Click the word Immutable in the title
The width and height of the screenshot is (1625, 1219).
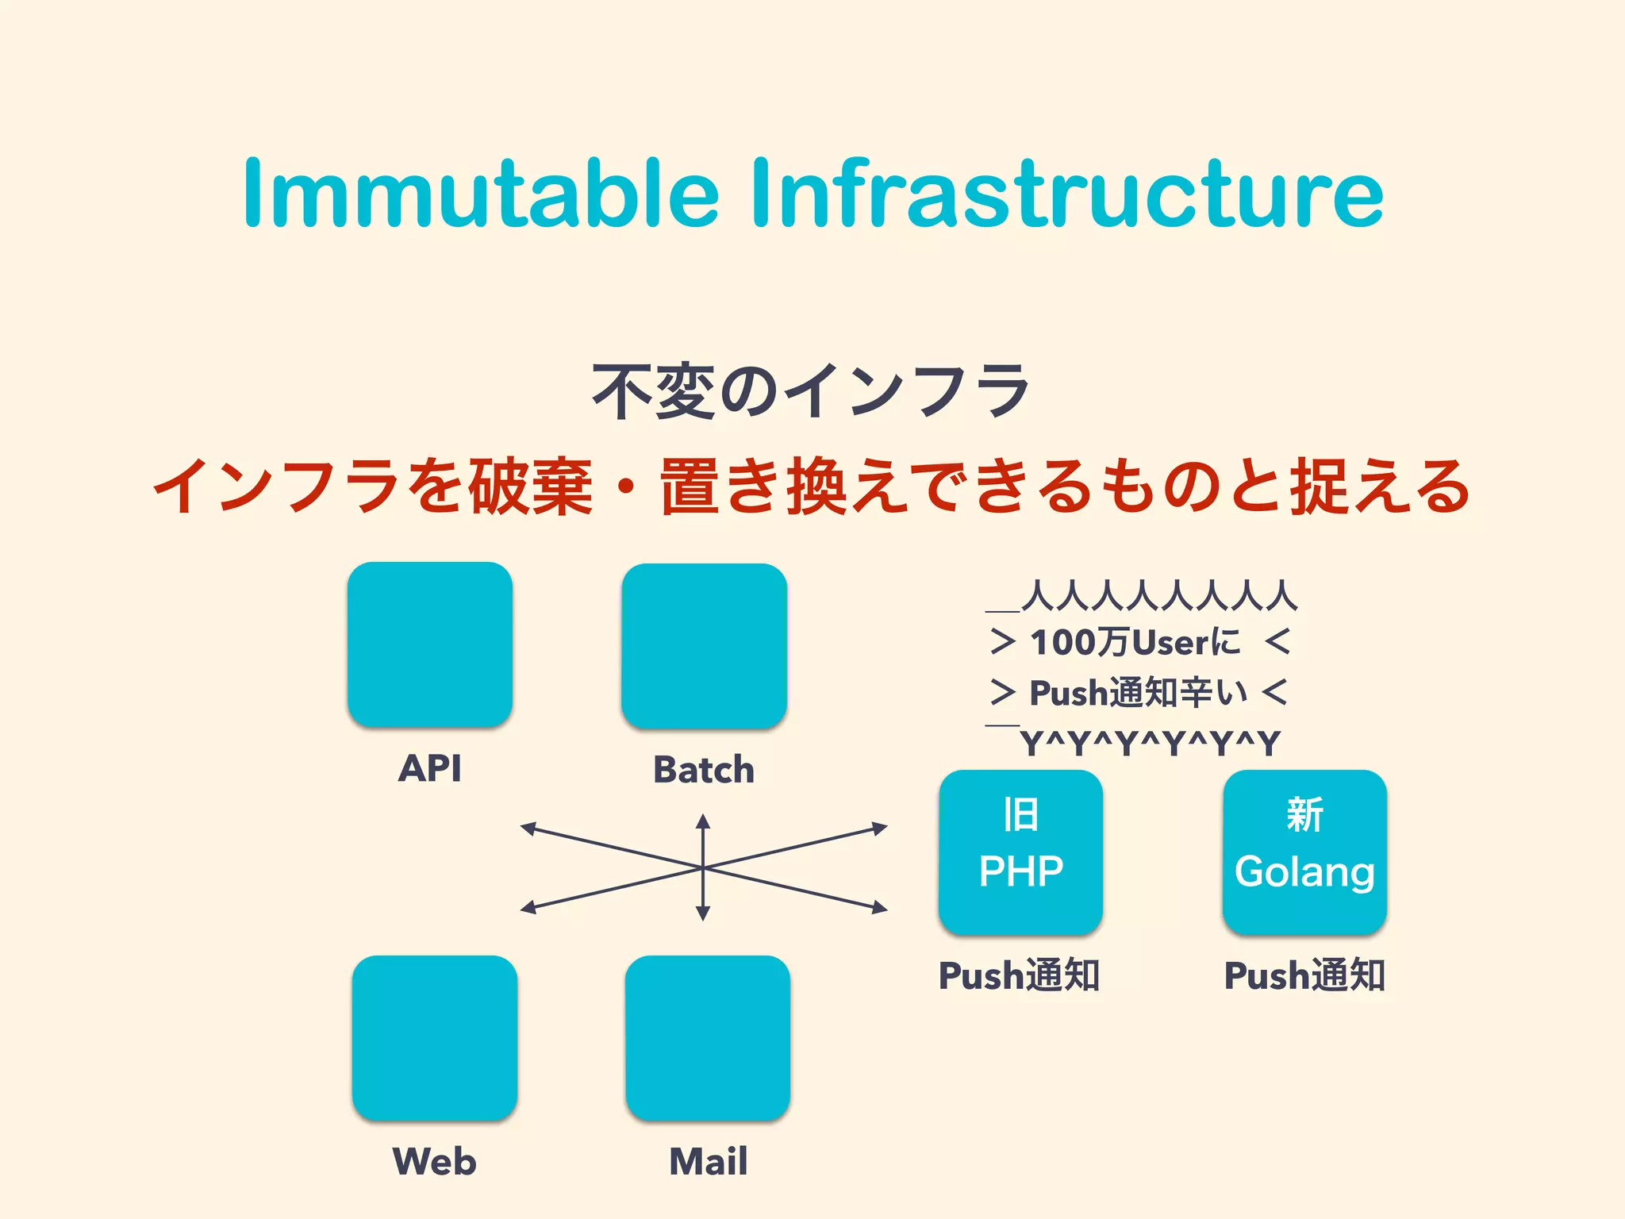pyautogui.click(x=480, y=194)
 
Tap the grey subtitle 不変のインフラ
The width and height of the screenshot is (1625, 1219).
pyautogui.click(x=811, y=390)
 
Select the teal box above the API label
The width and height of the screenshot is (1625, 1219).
pyautogui.click(x=430, y=644)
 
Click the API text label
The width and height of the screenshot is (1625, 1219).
pyautogui.click(x=429, y=768)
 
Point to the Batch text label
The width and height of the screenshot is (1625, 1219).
pyautogui.click(x=704, y=770)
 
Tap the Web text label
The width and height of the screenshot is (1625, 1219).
pyautogui.click(x=435, y=1161)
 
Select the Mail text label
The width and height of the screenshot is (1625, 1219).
pyautogui.click(x=709, y=1161)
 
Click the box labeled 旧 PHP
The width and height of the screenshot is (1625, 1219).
pyautogui.click(x=1021, y=852)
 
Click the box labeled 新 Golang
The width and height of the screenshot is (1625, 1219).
pyautogui.click(x=1304, y=852)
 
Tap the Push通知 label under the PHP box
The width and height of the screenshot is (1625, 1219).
pyautogui.click(x=1020, y=975)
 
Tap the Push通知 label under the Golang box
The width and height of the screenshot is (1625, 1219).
pyautogui.click(x=1304, y=975)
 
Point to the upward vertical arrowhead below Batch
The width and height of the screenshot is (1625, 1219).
pyautogui.click(x=703, y=821)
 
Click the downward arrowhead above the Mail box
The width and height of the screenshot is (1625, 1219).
pyautogui.click(x=703, y=914)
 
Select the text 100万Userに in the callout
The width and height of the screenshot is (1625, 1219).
pyautogui.click(x=1135, y=642)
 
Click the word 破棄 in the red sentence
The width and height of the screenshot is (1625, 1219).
pyautogui.click(x=530, y=486)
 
